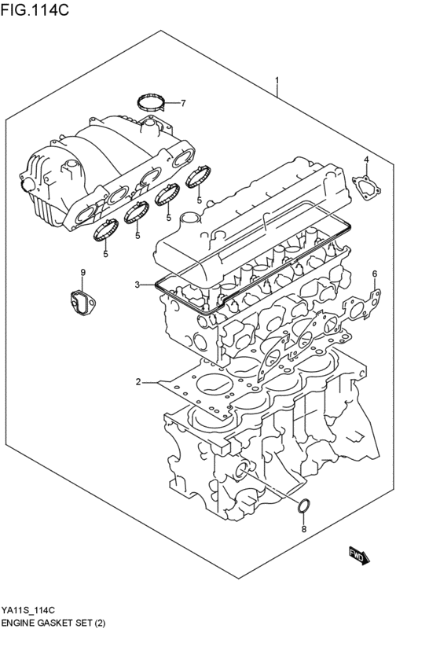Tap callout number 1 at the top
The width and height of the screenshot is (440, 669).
pyautogui.click(x=277, y=82)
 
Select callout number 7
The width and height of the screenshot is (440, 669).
pyautogui.click(x=182, y=103)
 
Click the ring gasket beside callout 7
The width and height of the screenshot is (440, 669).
pyautogui.click(x=152, y=101)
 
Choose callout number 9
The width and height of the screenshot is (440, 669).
pyautogui.click(x=82, y=273)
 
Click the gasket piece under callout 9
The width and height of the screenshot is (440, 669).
pyautogui.click(x=81, y=303)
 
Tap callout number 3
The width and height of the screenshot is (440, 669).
pyautogui.click(x=137, y=285)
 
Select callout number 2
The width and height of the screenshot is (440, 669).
pyautogui.click(x=137, y=382)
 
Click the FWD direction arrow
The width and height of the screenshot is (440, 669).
pyautogui.click(x=358, y=556)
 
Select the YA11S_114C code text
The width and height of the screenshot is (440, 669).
pyautogui.click(x=27, y=610)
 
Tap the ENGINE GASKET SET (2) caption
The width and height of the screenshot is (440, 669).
pyautogui.click(x=53, y=623)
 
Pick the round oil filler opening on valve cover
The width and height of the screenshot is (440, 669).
pyautogui.click(x=190, y=219)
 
